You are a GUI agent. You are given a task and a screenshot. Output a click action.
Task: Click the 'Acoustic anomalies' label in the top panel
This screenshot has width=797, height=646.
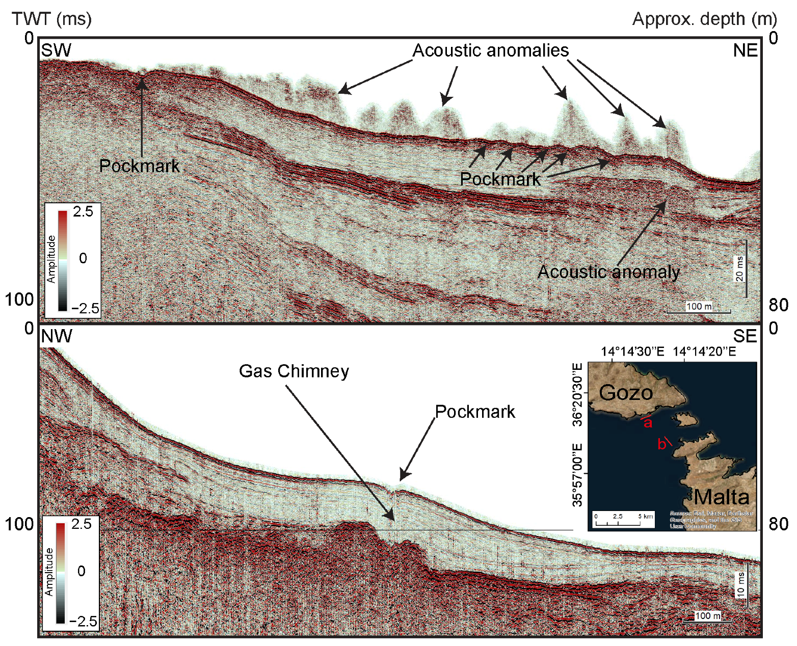click(490, 51)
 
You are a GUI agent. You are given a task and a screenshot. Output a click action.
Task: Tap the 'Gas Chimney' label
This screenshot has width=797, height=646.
click(294, 371)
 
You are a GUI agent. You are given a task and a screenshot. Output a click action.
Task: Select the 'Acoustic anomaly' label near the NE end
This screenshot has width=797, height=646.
click(608, 272)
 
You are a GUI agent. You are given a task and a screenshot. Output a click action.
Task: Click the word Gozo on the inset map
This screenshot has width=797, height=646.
click(626, 393)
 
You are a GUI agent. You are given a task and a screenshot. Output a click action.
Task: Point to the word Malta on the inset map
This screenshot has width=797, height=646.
click(722, 497)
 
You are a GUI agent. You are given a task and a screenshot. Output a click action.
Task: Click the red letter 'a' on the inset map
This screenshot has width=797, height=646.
click(648, 423)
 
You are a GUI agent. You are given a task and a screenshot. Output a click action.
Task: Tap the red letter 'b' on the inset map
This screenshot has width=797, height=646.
click(661, 444)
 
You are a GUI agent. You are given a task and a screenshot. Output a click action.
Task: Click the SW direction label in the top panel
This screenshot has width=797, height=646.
click(56, 50)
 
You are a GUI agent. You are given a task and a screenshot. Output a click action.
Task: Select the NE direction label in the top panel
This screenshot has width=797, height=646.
click(745, 50)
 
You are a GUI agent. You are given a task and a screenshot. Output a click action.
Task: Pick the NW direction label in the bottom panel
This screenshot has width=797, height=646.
click(57, 336)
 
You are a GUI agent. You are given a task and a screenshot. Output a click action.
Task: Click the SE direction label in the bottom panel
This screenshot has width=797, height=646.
click(745, 336)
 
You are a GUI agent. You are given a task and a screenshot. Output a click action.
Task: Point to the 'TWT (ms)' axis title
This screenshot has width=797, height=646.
click(51, 19)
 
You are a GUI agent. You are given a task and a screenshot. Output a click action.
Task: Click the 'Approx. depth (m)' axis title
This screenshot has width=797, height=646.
click(704, 19)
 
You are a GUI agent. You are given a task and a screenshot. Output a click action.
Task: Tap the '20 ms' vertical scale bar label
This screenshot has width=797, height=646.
click(739, 268)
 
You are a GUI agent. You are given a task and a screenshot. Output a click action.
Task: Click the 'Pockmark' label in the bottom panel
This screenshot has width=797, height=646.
click(475, 412)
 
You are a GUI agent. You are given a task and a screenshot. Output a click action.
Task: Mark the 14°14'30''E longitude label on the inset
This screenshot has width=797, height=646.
click(632, 352)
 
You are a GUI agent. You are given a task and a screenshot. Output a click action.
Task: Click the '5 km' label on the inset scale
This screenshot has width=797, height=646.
click(646, 517)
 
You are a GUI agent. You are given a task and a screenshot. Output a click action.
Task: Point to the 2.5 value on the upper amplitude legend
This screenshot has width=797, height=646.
click(83, 212)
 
